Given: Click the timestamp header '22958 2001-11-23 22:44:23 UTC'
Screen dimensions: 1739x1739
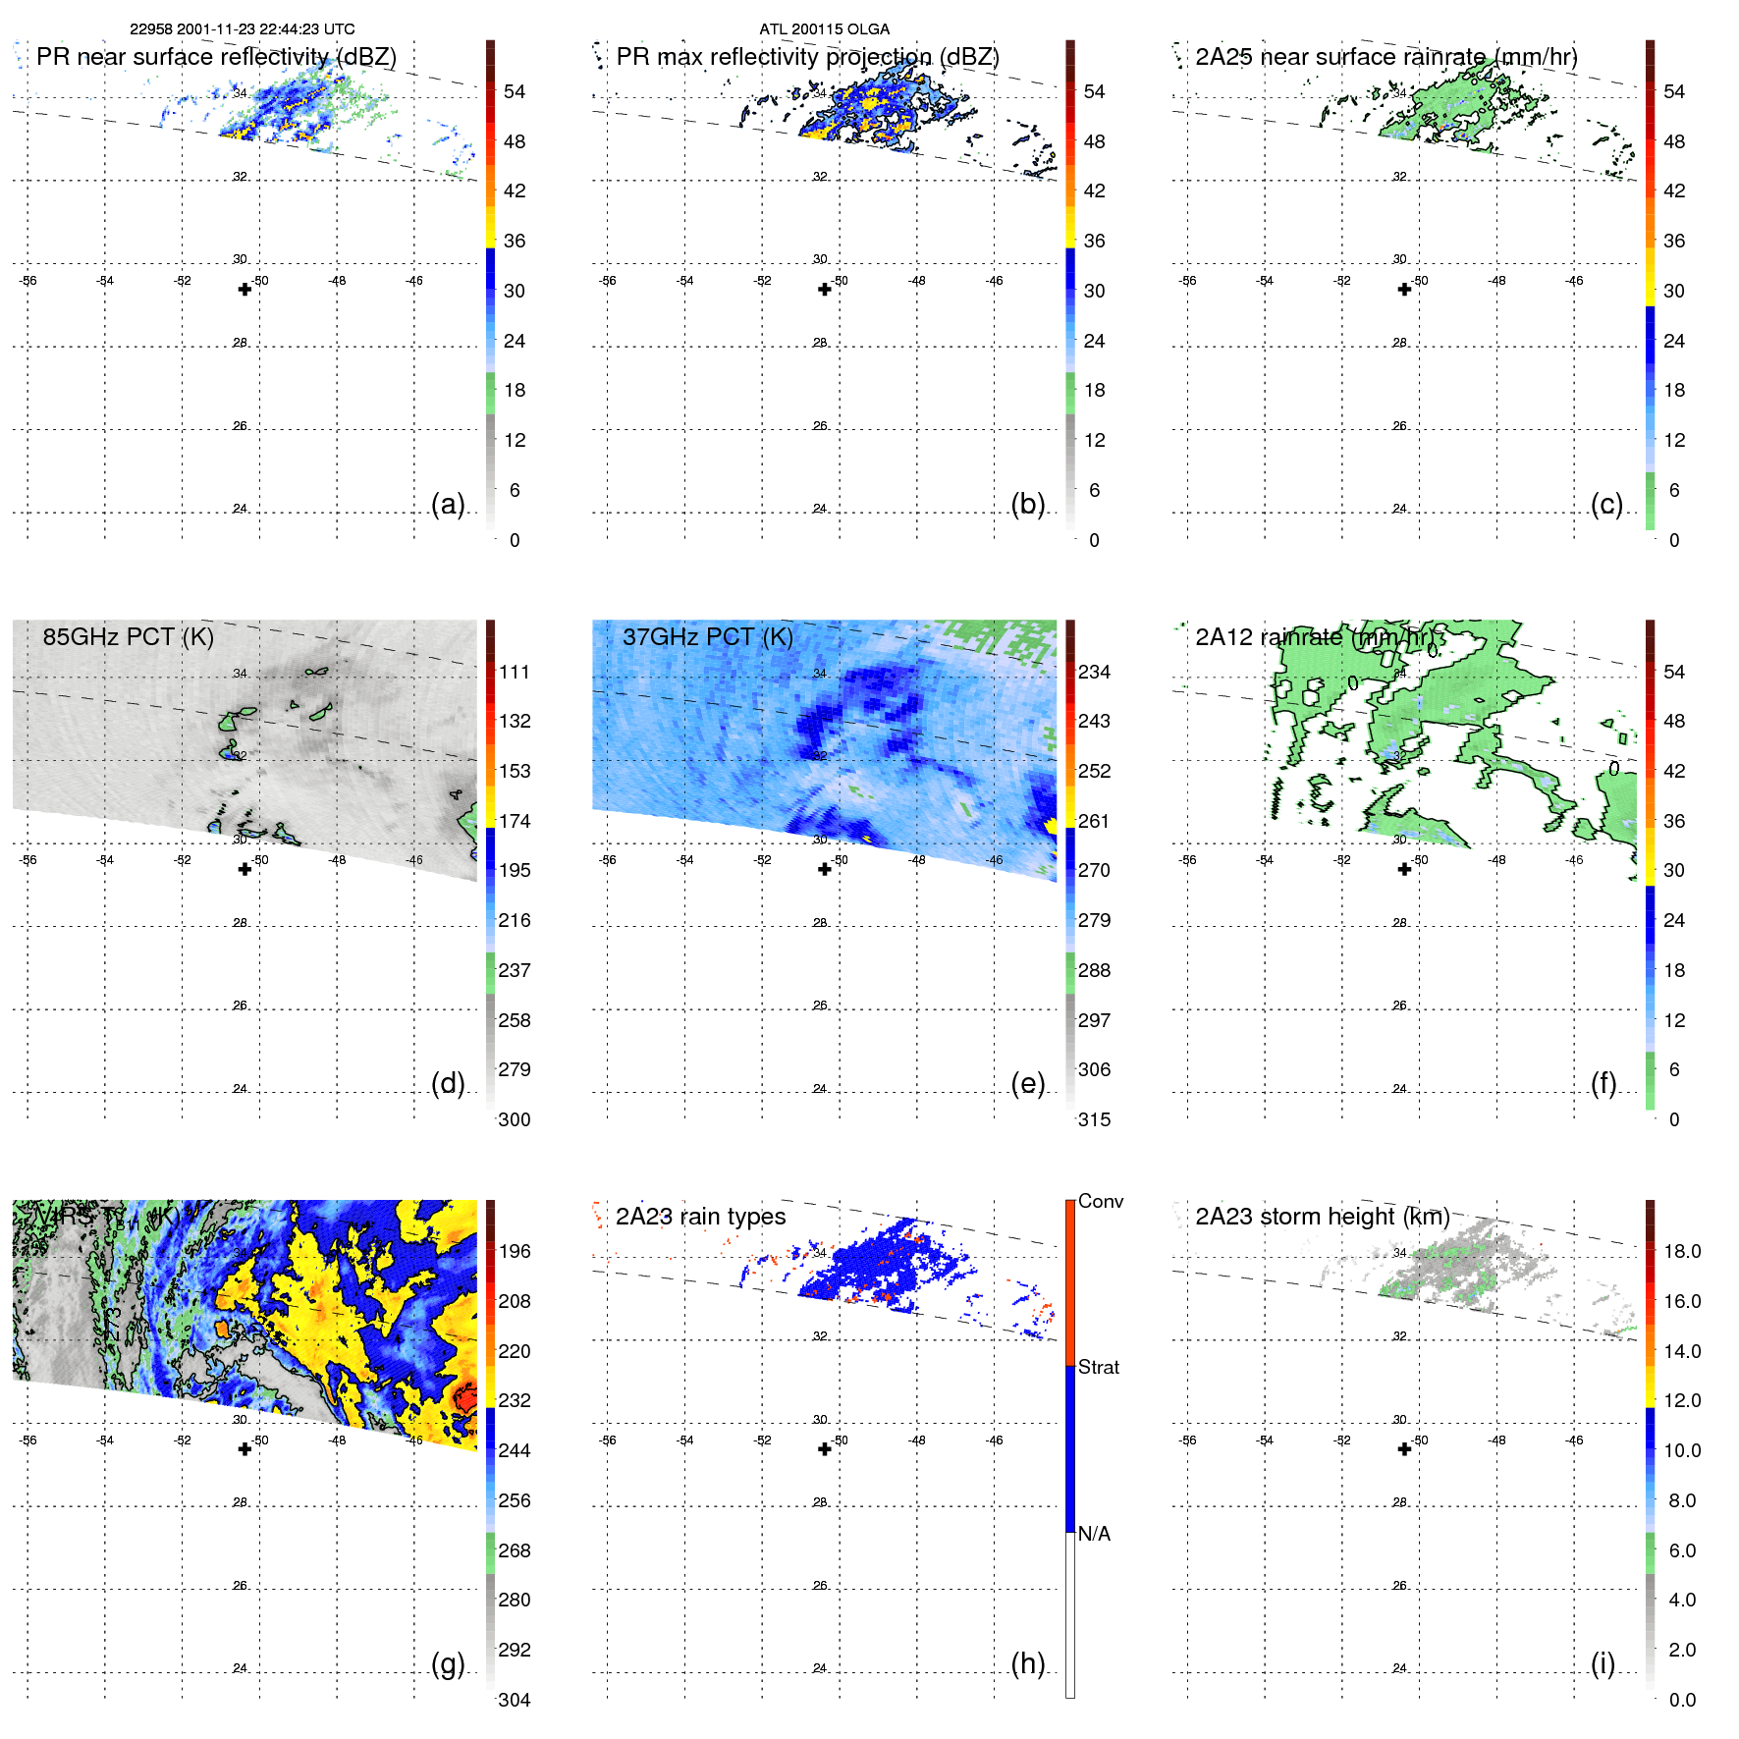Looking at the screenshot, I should point(243,29).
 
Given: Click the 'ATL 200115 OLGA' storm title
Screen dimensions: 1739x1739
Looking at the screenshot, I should point(824,29).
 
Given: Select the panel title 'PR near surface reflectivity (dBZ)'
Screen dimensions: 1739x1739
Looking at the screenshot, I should point(216,57).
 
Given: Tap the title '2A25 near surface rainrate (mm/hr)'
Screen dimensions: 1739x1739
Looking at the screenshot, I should point(1386,57).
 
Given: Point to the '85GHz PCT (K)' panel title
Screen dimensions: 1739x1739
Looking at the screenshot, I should point(128,637).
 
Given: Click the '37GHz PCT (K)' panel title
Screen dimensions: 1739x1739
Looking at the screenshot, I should point(707,637).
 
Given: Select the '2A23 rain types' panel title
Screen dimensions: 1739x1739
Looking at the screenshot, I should point(700,1217).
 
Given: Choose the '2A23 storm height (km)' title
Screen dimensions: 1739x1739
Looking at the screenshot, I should point(1322,1217).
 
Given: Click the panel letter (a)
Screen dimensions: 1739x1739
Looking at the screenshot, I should point(448,505).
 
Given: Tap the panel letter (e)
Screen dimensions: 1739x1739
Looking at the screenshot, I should point(1027,1084).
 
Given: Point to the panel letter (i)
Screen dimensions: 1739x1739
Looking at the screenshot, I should point(1603,1664).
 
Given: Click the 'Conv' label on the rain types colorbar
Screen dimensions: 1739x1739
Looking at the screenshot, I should point(1100,1201).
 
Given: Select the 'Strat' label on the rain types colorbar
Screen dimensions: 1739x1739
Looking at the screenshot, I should point(1098,1367).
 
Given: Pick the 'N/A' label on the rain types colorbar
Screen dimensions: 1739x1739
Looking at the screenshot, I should point(1094,1534).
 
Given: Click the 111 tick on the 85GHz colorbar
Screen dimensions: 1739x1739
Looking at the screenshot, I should point(515,673).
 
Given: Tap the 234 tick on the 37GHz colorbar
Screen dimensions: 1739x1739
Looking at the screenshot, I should point(1094,673).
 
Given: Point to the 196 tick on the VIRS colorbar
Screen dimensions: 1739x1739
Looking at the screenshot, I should point(515,1252).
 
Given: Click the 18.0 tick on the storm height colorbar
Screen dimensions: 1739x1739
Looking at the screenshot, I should point(1681,1252).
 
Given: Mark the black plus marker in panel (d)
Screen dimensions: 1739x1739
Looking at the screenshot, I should point(245,869).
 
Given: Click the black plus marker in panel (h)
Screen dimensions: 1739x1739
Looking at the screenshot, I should point(825,1449).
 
